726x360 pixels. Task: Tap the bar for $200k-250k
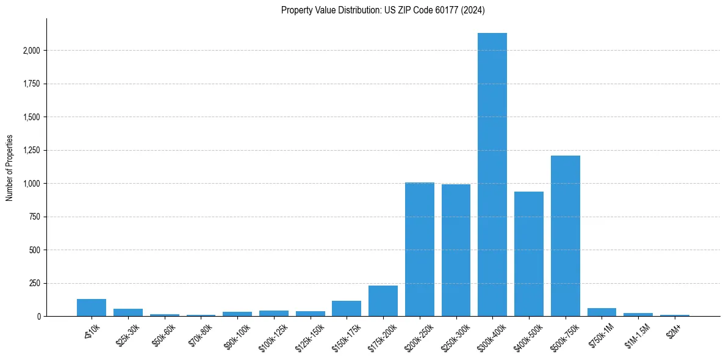[x=420, y=250]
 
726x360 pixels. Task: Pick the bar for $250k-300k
[x=456, y=250]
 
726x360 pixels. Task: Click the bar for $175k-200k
[x=383, y=301]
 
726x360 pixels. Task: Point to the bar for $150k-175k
[x=347, y=309]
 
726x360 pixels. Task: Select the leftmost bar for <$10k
[x=92, y=308]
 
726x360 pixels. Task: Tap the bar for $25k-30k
[x=128, y=312]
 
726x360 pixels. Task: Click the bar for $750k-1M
[x=602, y=312]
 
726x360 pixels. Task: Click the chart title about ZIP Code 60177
[x=383, y=10]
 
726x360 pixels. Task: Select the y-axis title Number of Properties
[x=9, y=168]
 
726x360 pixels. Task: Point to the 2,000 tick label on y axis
[x=31, y=51]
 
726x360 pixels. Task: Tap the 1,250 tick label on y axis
[x=31, y=151]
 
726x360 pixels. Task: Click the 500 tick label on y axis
[x=34, y=250]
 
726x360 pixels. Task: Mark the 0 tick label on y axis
[x=38, y=317]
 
